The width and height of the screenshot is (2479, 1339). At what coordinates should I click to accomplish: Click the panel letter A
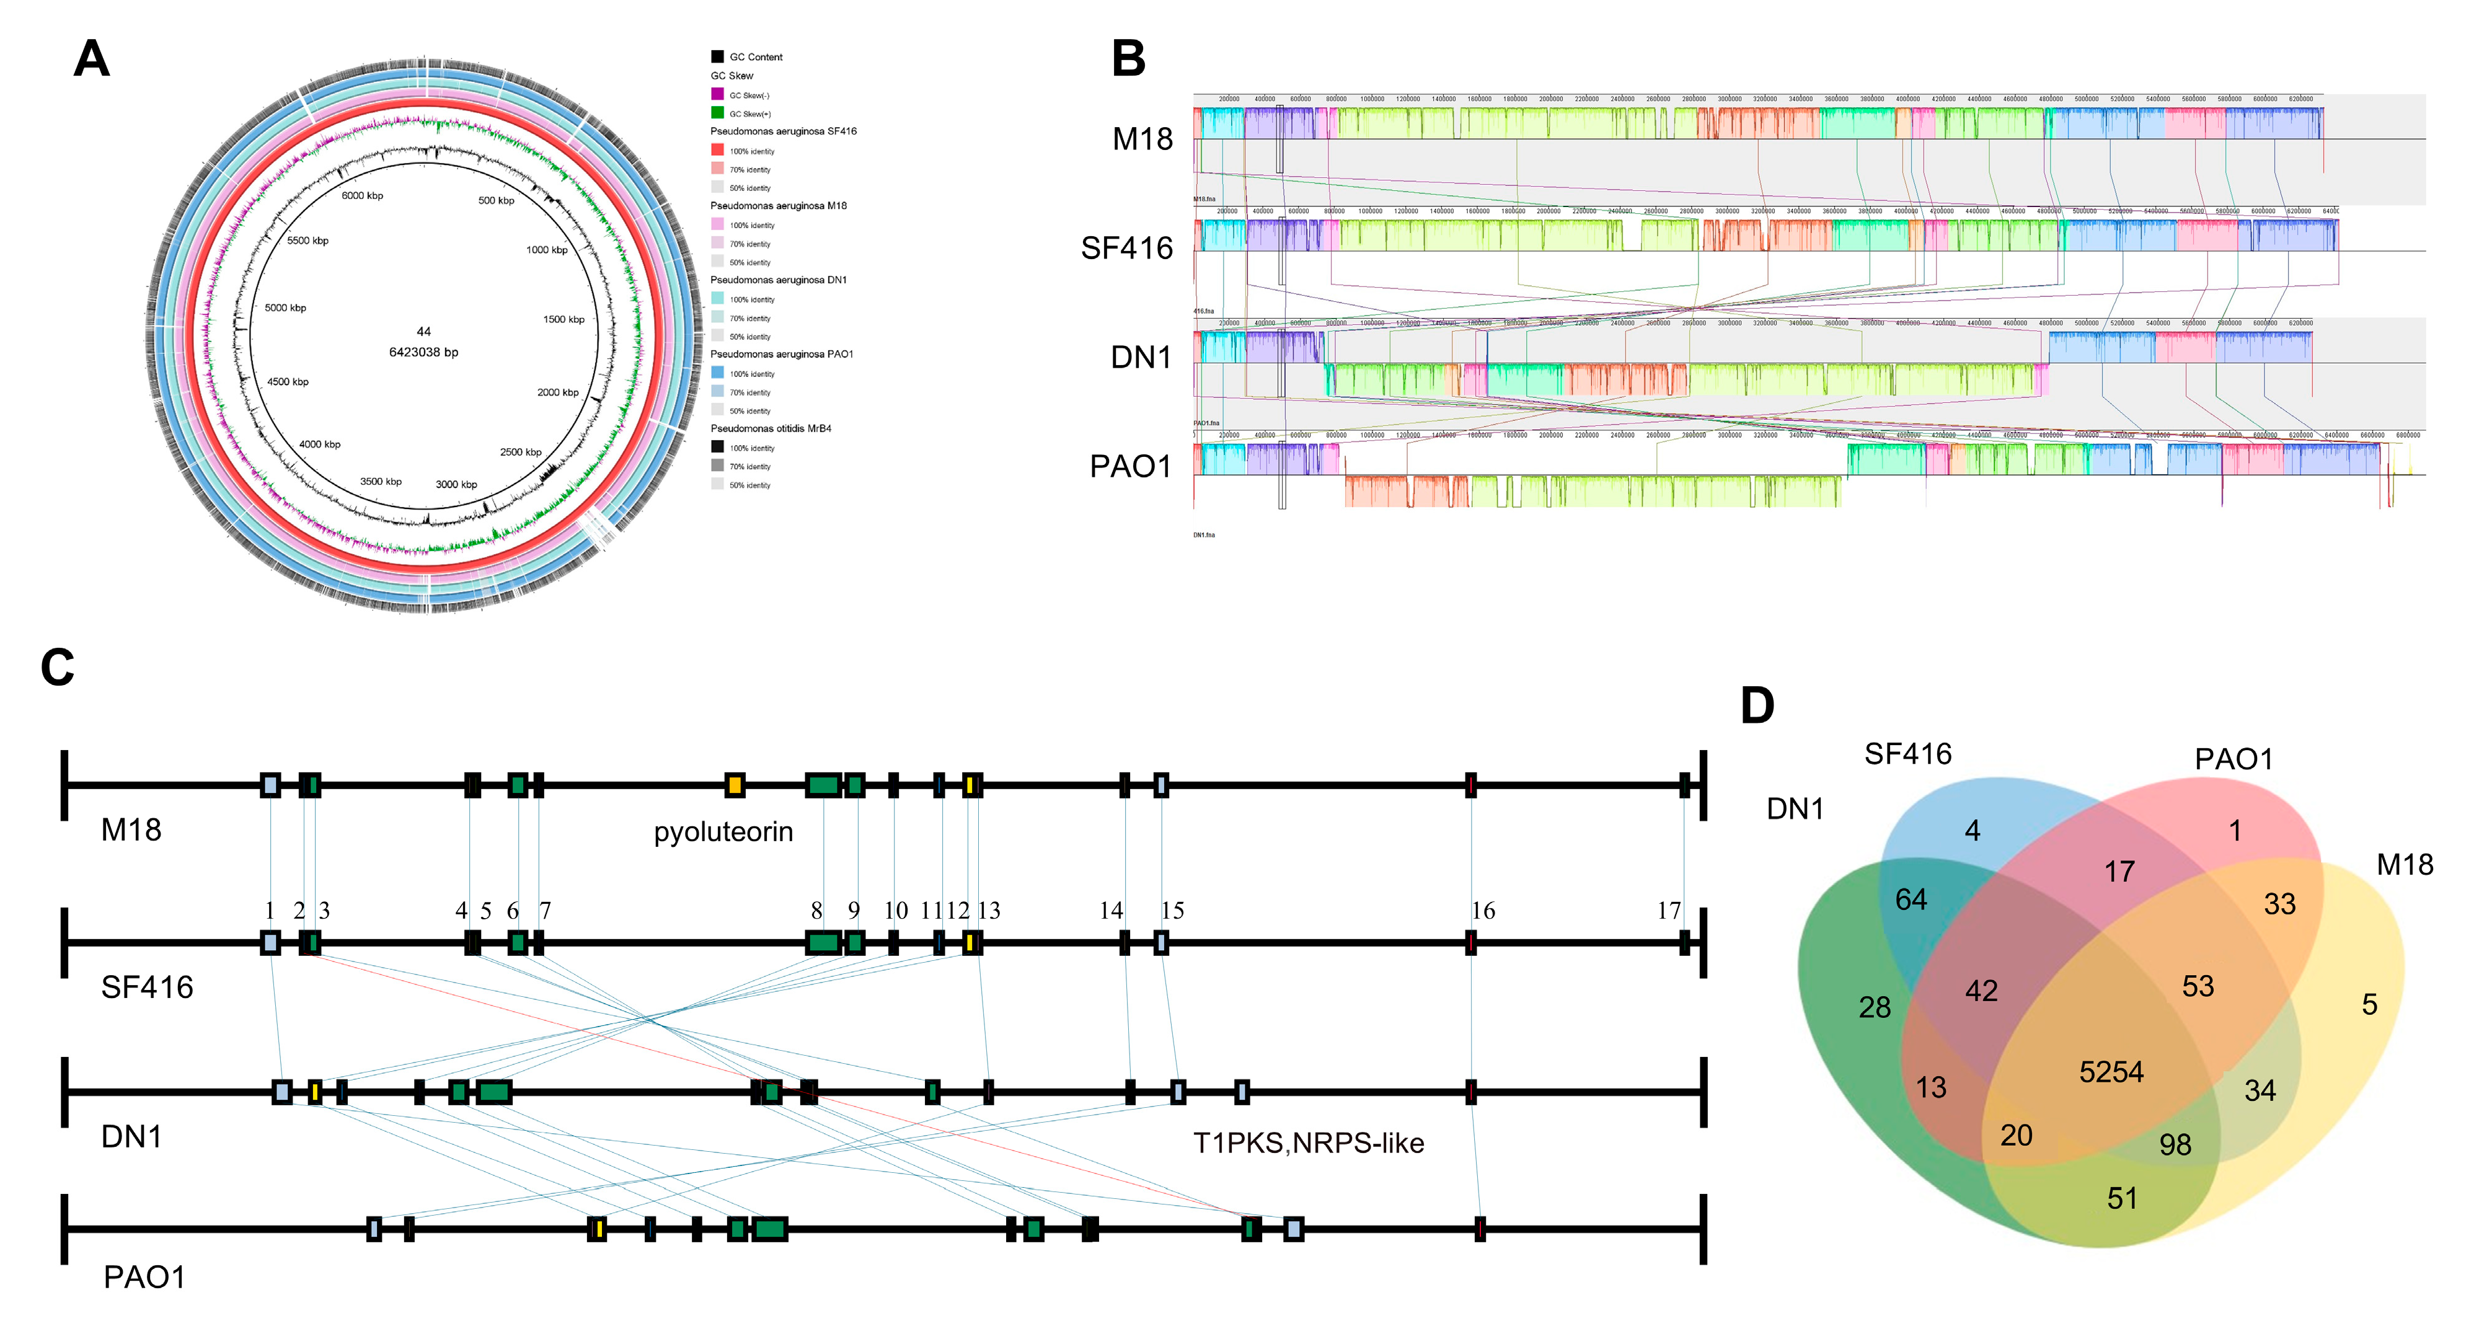tap(91, 59)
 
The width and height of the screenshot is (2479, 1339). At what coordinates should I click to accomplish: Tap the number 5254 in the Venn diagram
tap(2110, 1071)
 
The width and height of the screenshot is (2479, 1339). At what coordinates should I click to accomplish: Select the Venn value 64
tap(1911, 899)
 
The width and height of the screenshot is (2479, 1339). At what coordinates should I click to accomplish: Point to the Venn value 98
tap(2175, 1144)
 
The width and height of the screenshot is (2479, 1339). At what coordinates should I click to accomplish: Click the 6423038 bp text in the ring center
tap(423, 352)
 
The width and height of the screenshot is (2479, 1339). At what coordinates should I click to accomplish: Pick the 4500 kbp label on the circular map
tap(288, 382)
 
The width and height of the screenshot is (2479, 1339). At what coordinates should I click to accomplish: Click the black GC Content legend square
tap(717, 57)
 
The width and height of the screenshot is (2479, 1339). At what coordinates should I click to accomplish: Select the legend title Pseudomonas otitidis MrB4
tap(771, 428)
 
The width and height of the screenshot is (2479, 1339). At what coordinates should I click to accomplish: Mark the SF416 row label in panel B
tap(1126, 249)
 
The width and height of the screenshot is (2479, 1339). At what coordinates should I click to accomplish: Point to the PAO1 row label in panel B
tap(1130, 467)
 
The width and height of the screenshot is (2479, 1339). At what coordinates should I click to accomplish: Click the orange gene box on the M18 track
tap(734, 785)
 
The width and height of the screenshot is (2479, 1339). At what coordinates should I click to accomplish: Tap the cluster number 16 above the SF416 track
tap(1482, 911)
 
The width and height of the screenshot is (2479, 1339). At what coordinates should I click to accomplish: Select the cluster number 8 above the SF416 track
tap(816, 911)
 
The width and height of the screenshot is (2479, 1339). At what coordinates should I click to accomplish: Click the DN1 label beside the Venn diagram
tap(1795, 808)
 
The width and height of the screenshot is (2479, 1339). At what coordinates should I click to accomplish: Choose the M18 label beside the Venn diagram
tap(2404, 864)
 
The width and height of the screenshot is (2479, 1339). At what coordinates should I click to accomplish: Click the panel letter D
tap(1757, 705)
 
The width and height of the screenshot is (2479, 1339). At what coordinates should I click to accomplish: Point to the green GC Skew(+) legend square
tap(717, 113)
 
